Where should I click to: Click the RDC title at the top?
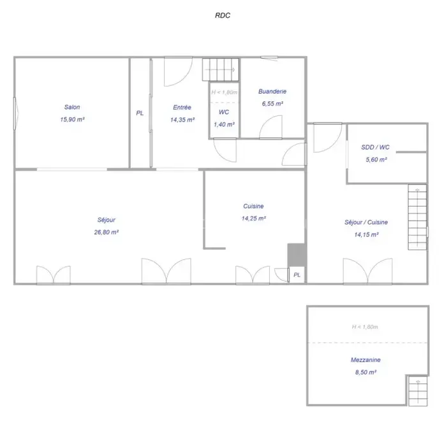223,15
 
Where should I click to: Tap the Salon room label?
72,107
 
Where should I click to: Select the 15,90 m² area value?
72,120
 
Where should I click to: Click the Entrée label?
182,108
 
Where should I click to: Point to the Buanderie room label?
272,92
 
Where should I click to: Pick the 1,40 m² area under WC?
224,125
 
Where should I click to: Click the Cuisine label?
253,206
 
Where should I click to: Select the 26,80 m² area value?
107,232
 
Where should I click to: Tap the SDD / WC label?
375,147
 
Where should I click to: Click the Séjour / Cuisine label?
366,222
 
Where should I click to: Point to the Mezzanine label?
366,360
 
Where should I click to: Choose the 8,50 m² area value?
366,372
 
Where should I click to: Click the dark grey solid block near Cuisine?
297,255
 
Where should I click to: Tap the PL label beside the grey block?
297,275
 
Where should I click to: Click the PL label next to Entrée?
140,113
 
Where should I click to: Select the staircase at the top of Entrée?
221,69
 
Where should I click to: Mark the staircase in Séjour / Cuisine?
417,217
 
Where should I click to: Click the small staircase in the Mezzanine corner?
418,391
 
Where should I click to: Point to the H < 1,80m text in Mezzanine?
365,327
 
